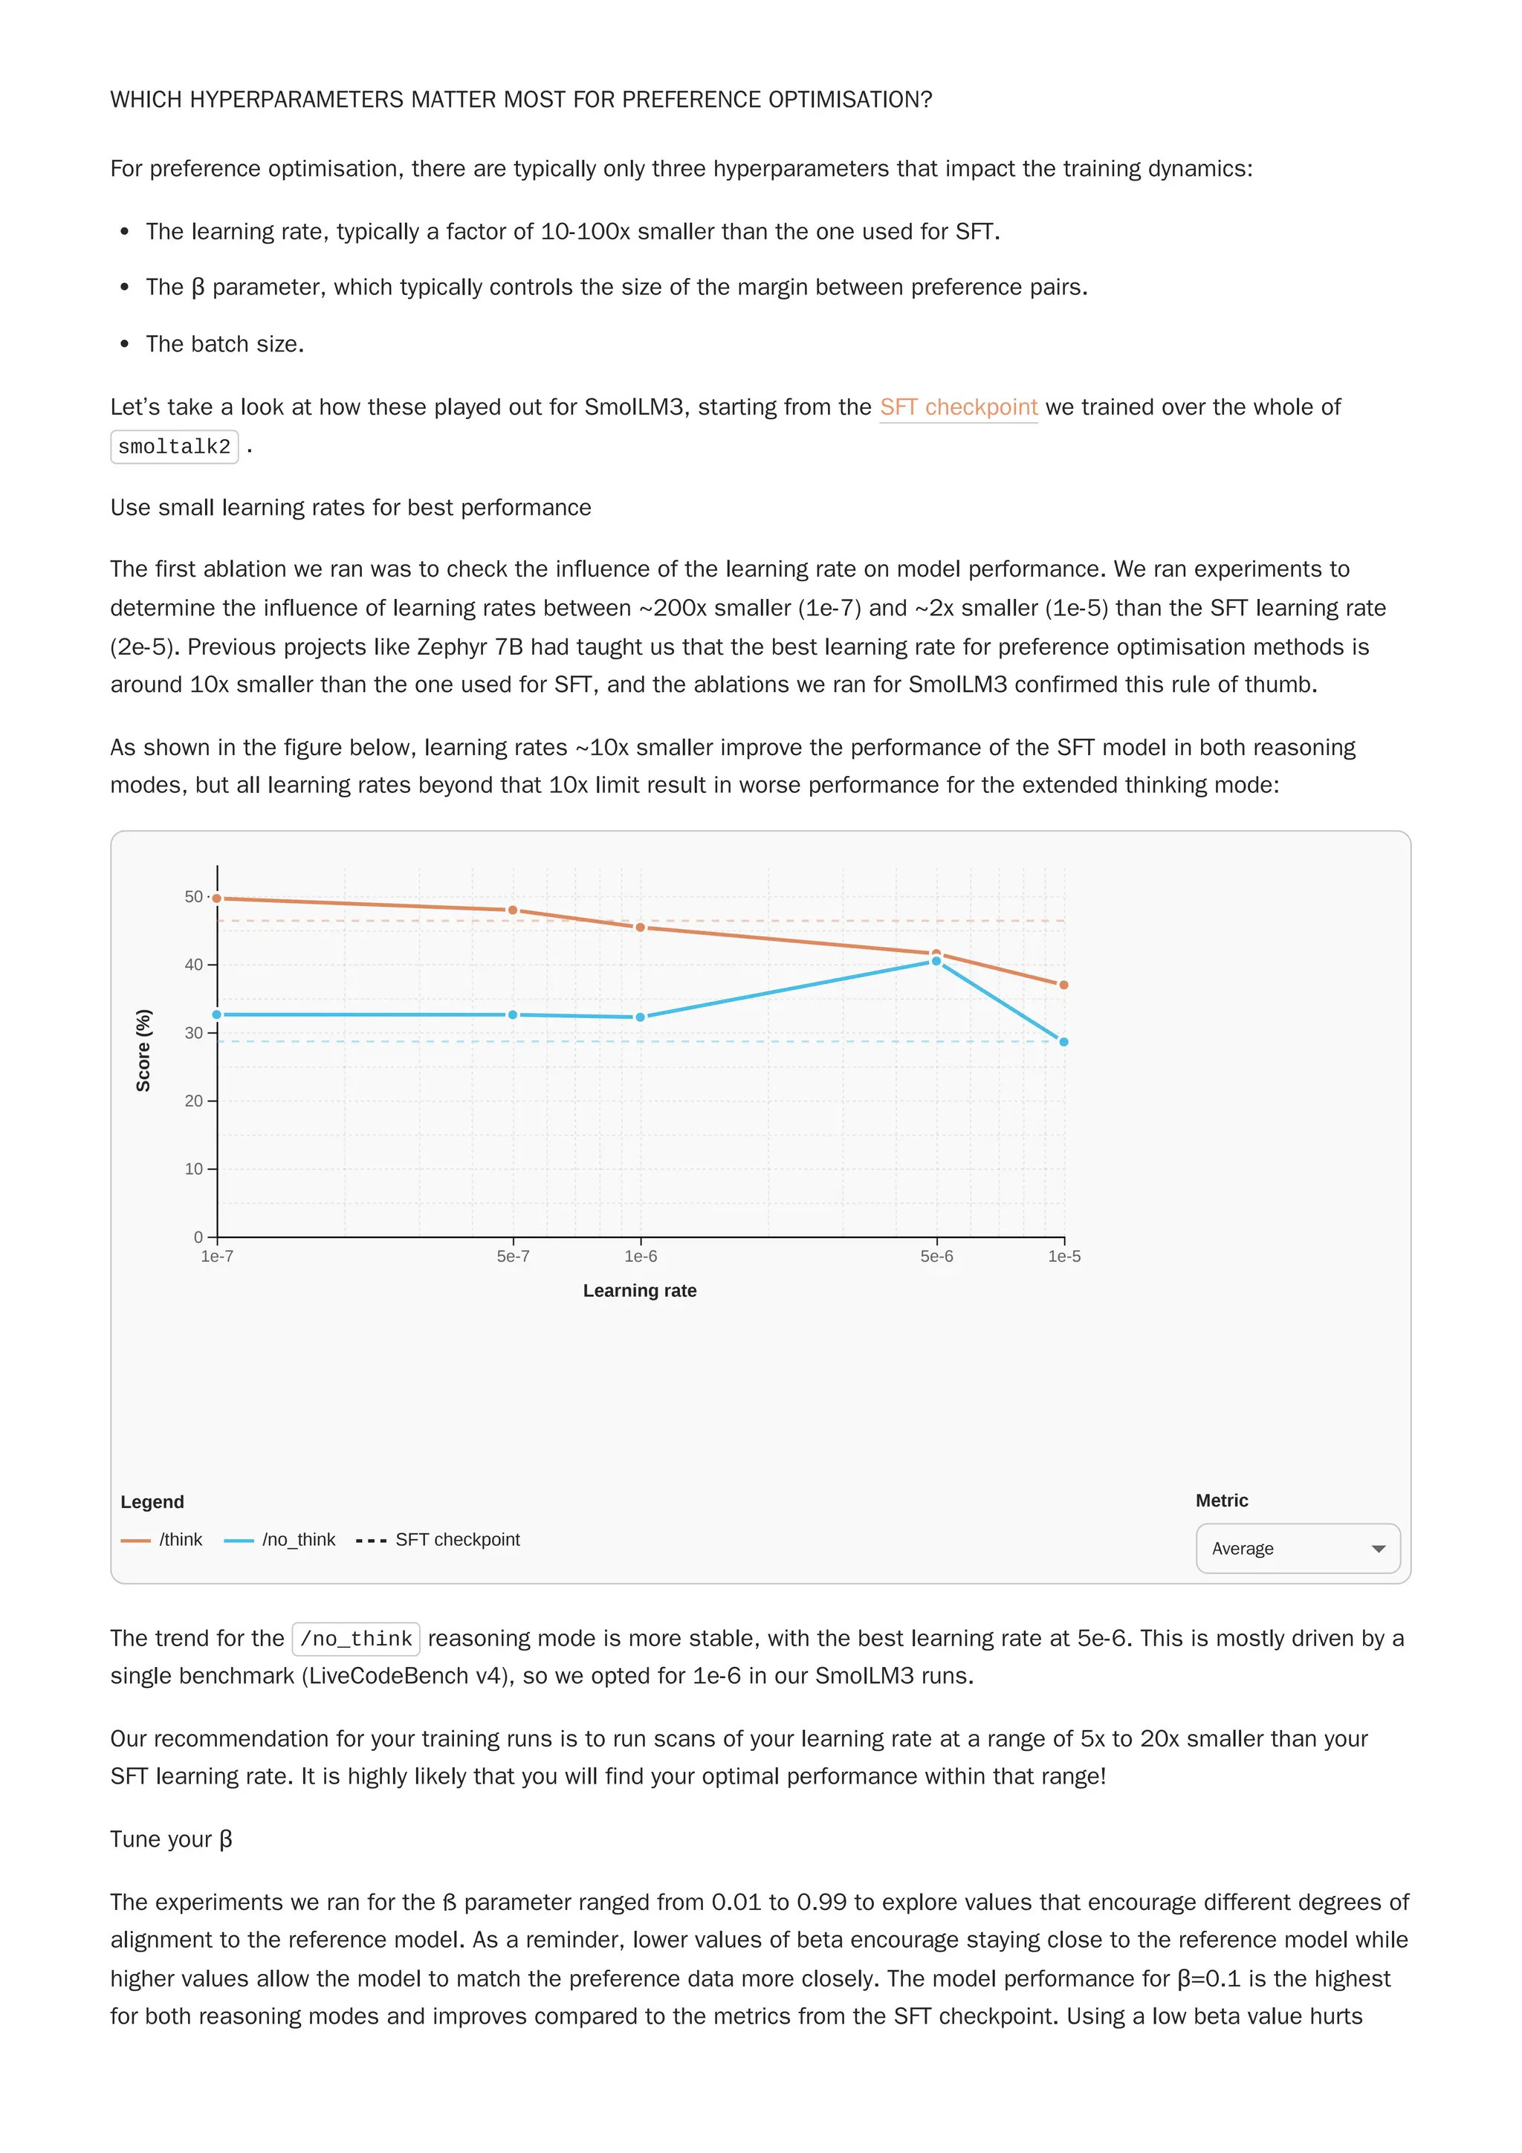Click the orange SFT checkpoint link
pos(957,407)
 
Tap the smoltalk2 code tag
pos(175,447)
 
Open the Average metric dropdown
pos(1297,1548)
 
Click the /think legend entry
pos(162,1540)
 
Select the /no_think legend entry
pos(280,1540)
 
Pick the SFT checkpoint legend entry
pos(438,1540)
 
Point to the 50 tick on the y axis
pos(193,896)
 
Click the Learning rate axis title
pos(640,1290)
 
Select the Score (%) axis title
pos(143,1050)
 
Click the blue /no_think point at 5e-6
pos(936,961)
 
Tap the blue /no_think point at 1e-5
pos(1063,1042)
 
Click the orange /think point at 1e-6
pos(641,927)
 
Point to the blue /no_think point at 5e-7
pos(513,1014)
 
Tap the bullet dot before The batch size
pos(125,344)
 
